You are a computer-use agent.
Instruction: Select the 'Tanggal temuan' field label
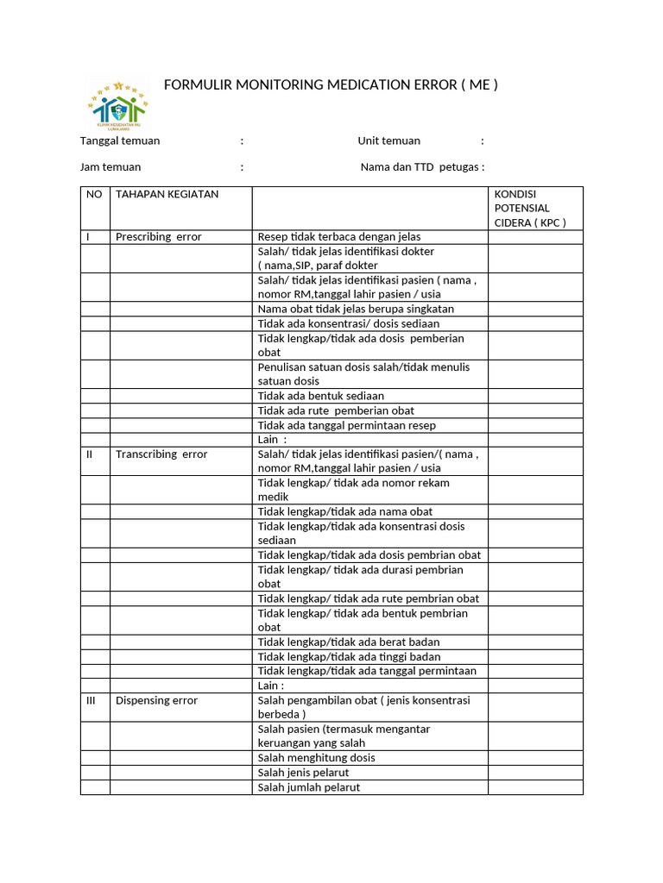(x=120, y=141)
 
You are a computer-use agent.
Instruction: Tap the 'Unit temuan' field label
(x=388, y=141)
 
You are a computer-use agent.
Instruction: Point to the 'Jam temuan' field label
(x=110, y=167)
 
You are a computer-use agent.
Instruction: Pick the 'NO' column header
(x=94, y=194)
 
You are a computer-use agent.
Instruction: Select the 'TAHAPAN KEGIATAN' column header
(x=167, y=194)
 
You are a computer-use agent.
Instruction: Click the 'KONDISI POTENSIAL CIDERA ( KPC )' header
(x=528, y=208)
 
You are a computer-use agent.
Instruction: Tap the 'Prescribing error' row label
(x=159, y=237)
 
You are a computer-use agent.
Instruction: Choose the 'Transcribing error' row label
(x=161, y=454)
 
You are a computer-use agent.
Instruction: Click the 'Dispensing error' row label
(x=156, y=701)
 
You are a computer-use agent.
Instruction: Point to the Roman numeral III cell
(x=91, y=701)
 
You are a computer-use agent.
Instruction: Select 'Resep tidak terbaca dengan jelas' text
(x=339, y=237)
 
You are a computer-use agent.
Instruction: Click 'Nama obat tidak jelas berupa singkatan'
(x=356, y=309)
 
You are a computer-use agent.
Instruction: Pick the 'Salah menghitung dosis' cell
(x=316, y=758)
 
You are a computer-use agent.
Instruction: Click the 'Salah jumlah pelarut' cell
(x=309, y=787)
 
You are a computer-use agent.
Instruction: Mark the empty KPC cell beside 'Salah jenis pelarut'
(x=534, y=773)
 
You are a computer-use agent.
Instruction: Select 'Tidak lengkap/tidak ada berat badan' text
(x=349, y=642)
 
